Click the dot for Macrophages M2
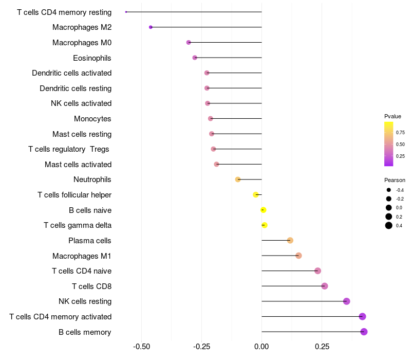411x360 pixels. [151, 27]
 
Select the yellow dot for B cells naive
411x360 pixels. [264, 210]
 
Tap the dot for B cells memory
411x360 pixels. [364, 332]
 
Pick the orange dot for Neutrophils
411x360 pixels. [238, 179]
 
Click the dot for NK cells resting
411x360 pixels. [346, 301]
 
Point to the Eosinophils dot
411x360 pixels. [195, 58]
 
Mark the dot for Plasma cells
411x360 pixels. [290, 240]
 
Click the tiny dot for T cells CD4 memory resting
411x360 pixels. [126, 12]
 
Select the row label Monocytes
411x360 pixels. [92, 119]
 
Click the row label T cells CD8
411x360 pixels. [92, 286]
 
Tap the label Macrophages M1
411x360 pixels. [82, 256]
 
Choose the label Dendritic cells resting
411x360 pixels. [76, 88]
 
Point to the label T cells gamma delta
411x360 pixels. [78, 225]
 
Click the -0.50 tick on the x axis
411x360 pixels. [142, 347]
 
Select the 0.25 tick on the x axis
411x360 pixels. [322, 347]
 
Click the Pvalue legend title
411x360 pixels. [393, 116]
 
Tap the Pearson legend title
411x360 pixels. [395, 180]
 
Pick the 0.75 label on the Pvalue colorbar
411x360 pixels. [400, 133]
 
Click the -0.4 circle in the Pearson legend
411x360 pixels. [389, 190]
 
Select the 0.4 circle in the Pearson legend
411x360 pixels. [389, 225]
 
